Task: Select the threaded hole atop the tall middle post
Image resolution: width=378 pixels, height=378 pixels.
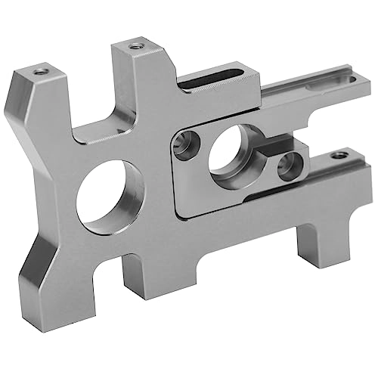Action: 136,45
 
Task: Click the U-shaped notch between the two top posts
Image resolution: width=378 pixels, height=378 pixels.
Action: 94,113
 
